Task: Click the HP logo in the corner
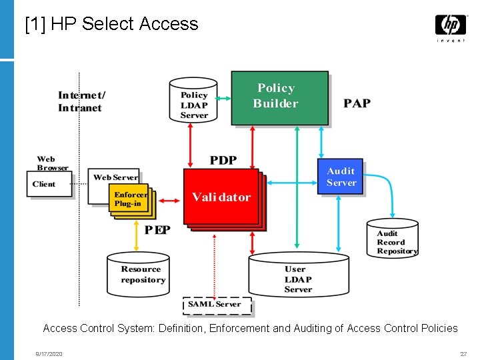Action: (x=451, y=27)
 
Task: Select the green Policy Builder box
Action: (x=280, y=98)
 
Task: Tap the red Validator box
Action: (x=221, y=197)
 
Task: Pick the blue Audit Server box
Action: (x=340, y=176)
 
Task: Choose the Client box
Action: (x=49, y=184)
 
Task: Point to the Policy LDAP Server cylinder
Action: (x=193, y=100)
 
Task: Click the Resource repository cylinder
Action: (x=138, y=274)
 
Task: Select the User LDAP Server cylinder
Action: (x=299, y=274)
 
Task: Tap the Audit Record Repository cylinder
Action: (x=393, y=238)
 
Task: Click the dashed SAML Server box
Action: (x=217, y=305)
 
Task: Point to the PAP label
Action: (x=357, y=103)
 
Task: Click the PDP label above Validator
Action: (x=223, y=160)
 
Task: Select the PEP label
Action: (x=157, y=230)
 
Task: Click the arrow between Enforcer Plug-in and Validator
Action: (x=169, y=201)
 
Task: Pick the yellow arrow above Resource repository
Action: (x=137, y=236)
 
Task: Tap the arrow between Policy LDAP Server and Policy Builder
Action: (x=223, y=98)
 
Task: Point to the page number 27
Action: (x=463, y=354)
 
